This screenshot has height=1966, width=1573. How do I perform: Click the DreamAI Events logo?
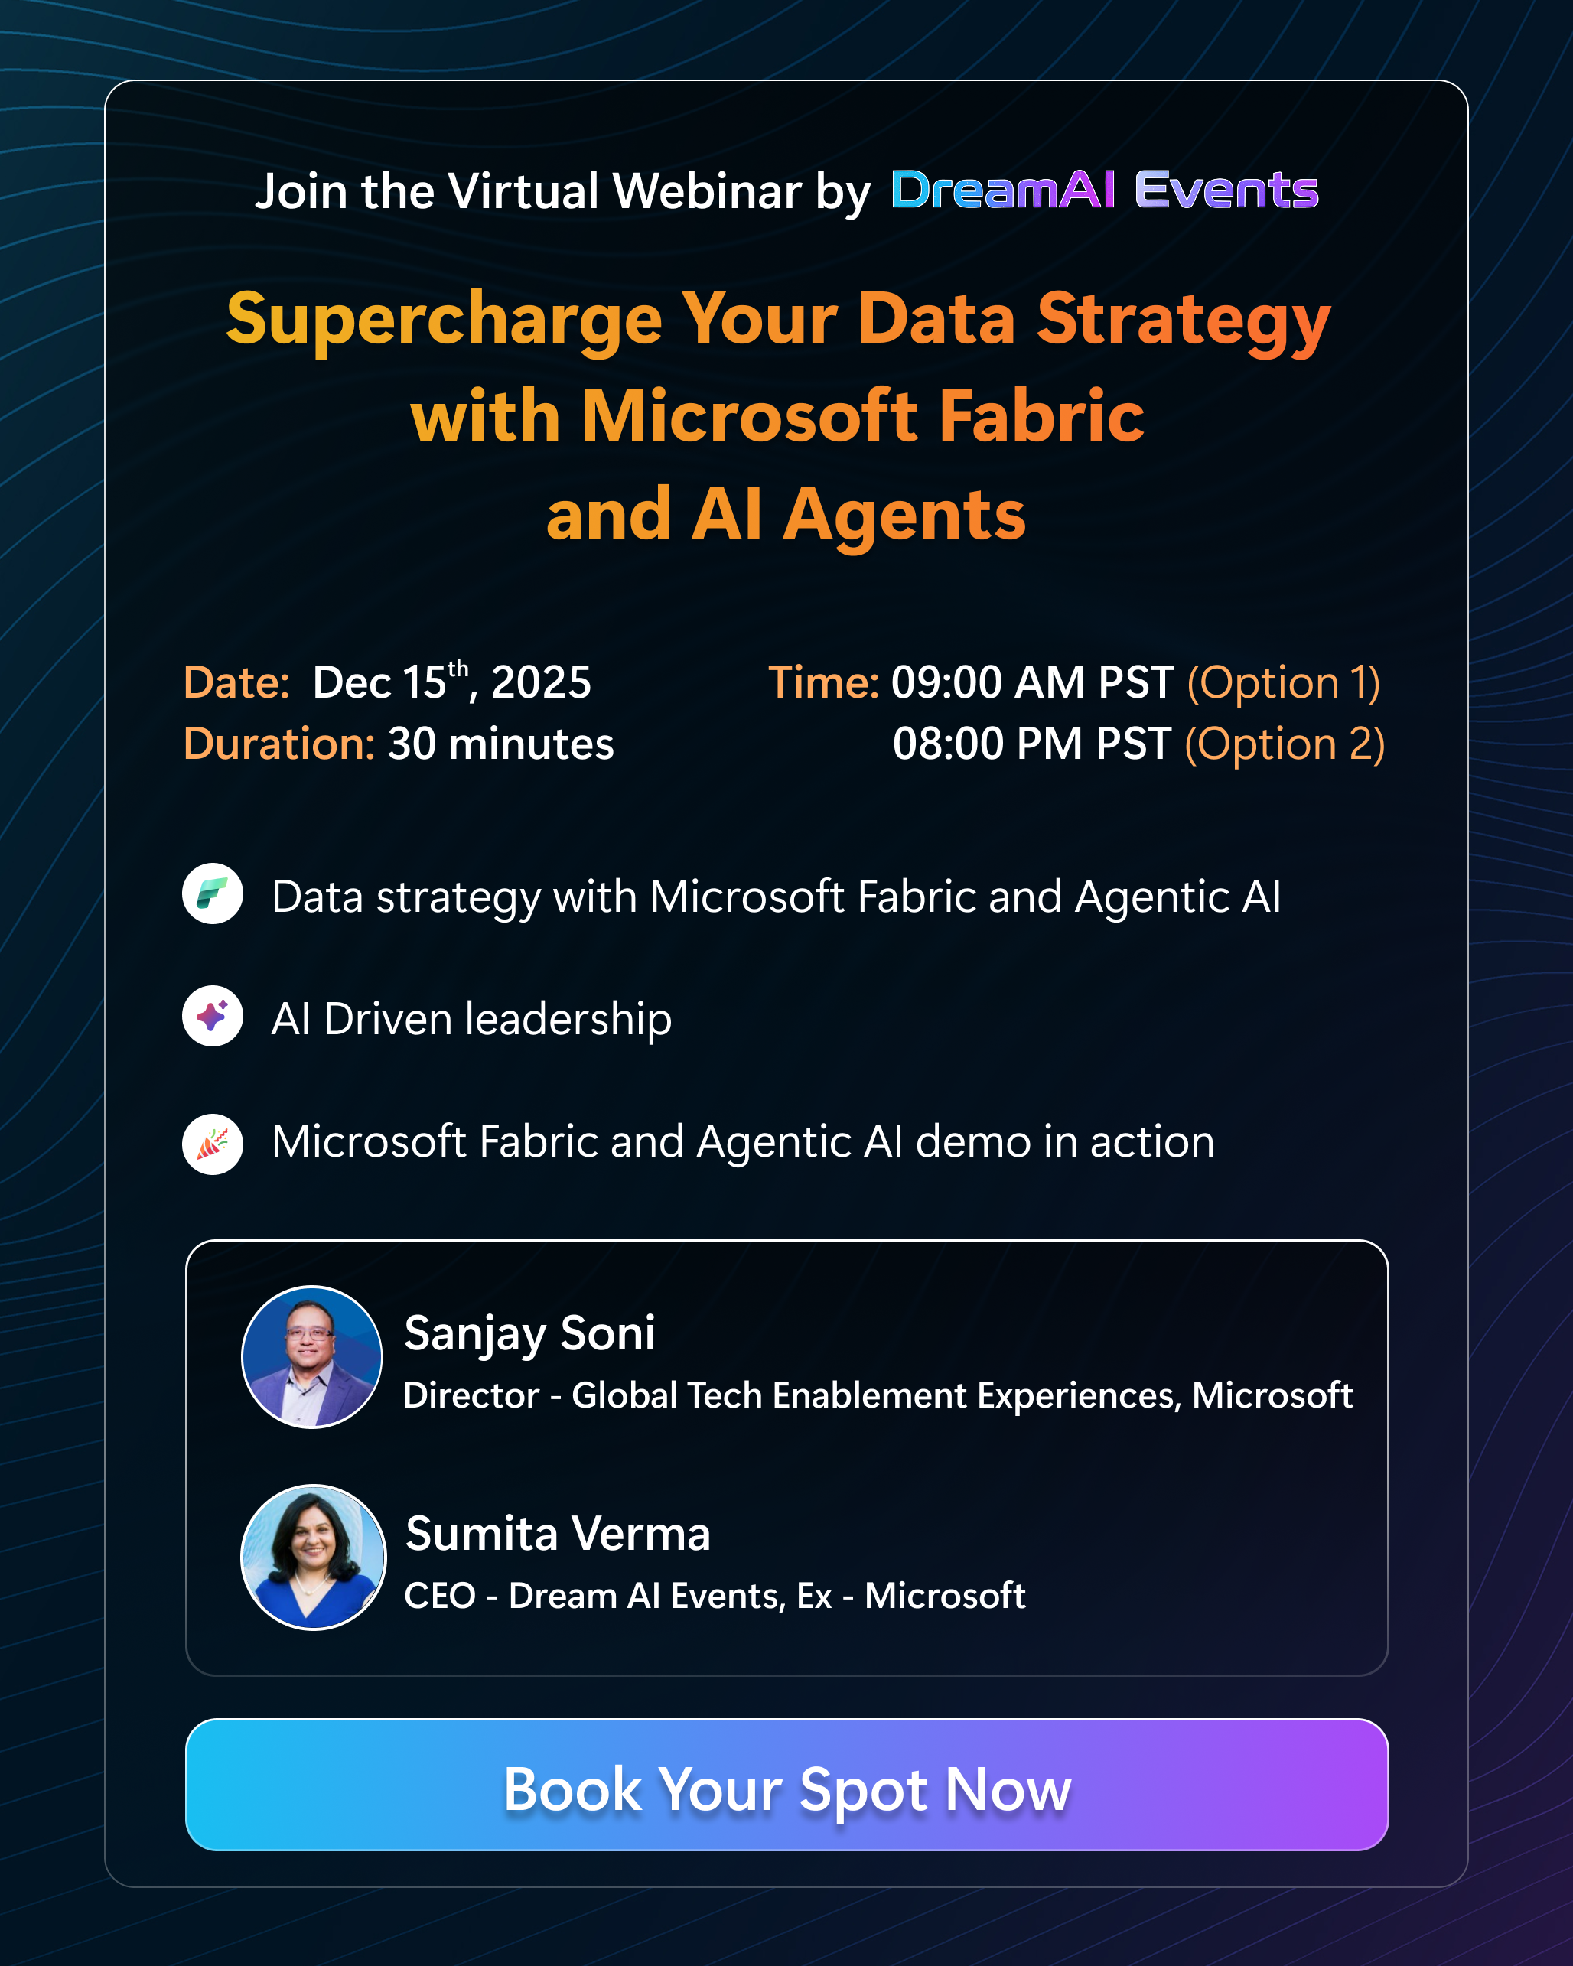pyautogui.click(x=1104, y=190)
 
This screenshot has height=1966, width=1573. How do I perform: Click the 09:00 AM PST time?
pyautogui.click(x=1031, y=682)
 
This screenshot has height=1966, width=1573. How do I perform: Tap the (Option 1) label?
pyautogui.click(x=1283, y=683)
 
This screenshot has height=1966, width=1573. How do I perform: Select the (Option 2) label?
pyautogui.click(x=1285, y=744)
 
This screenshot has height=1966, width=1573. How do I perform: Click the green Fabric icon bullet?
pyautogui.click(x=213, y=893)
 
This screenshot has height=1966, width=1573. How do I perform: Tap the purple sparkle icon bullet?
pyautogui.click(x=213, y=1016)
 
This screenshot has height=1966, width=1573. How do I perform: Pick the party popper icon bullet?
pyautogui.click(x=213, y=1144)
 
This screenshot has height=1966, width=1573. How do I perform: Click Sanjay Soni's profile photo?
pyautogui.click(x=312, y=1357)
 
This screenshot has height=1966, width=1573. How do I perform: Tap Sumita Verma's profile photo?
pyautogui.click(x=313, y=1557)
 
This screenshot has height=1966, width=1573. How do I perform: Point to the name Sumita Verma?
pyautogui.click(x=557, y=1534)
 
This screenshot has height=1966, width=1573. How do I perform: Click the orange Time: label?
pyautogui.click(x=823, y=682)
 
